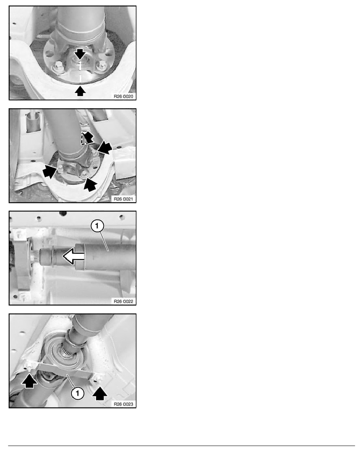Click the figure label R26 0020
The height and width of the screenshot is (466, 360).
pos(124,96)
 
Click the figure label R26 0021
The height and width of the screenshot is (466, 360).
pos(124,199)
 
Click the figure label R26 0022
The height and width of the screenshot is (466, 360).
pos(124,301)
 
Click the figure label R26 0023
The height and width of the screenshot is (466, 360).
pos(124,404)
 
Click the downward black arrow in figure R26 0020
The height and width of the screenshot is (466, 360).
pos(80,53)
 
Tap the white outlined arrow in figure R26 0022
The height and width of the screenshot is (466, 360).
pos(74,256)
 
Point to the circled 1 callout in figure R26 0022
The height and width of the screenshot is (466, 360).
pos(97,226)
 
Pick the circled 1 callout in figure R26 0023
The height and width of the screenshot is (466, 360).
pos(78,393)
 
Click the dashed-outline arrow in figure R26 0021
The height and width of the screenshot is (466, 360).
pos(86,138)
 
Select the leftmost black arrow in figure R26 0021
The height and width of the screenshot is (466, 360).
pos(49,171)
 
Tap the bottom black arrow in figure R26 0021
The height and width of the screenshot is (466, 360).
pos(90,185)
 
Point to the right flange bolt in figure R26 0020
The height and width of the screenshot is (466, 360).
pos(102,65)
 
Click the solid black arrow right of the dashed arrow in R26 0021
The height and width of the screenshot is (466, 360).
pos(105,147)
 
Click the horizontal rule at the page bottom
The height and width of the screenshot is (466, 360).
pos(182,446)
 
